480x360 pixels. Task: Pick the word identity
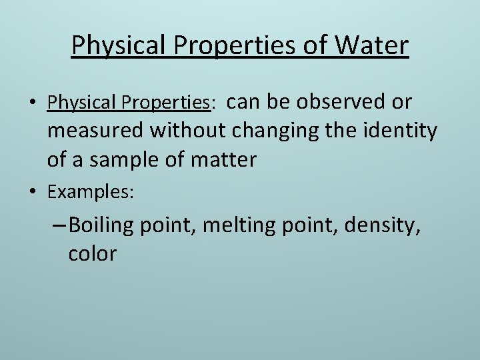tap(397, 131)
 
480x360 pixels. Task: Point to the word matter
tap(223, 160)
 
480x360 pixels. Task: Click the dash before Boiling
tap(58, 225)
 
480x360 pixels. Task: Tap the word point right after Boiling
tap(164, 225)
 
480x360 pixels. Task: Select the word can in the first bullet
tap(243, 102)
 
